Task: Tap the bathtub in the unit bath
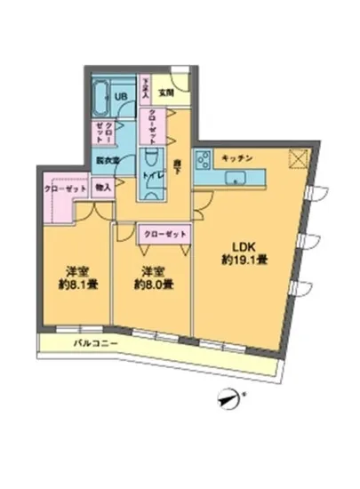(x=98, y=96)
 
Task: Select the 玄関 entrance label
(x=166, y=91)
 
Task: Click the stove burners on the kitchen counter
(x=201, y=162)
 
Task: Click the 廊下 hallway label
(x=176, y=164)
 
